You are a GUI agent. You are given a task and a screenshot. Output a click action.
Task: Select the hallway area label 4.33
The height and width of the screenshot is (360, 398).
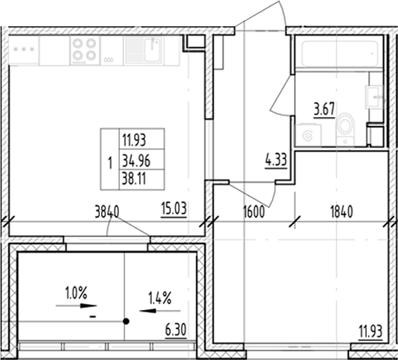coord(276,161)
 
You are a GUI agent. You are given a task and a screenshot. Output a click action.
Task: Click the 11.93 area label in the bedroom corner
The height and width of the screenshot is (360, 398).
coord(370,330)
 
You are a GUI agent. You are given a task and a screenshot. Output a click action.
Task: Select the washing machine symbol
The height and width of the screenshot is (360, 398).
coord(309,135)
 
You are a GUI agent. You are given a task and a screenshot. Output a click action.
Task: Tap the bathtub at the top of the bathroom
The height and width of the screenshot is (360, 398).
coord(337,53)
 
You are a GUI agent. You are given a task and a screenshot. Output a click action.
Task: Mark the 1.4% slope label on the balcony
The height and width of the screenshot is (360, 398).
coord(160,297)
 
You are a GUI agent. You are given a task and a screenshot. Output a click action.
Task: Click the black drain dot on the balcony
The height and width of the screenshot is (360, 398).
coord(126,321)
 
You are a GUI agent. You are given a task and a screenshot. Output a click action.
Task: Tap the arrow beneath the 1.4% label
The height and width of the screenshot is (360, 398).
coord(159,310)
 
